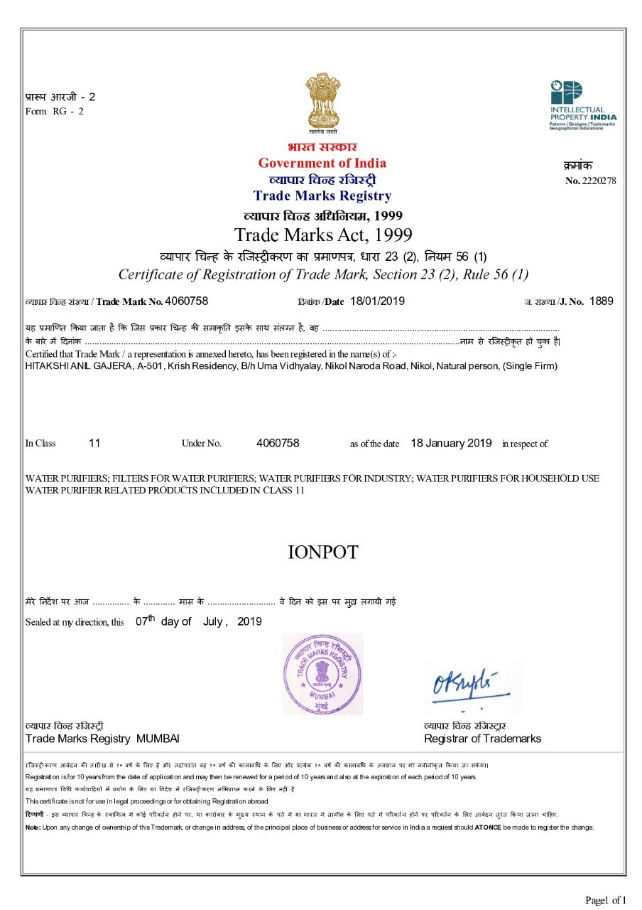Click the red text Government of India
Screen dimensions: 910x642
(x=322, y=164)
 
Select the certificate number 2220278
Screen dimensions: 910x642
(x=599, y=181)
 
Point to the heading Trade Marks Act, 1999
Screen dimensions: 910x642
(x=323, y=234)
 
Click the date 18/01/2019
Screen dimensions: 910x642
(x=377, y=301)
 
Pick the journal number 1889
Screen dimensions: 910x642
(x=601, y=301)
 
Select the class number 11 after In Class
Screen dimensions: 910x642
(x=94, y=443)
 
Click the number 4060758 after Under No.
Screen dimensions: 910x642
(x=278, y=443)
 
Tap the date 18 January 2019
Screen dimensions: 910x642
(x=451, y=443)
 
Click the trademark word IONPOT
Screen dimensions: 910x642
(x=323, y=552)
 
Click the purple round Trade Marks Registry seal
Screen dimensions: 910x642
(x=322, y=673)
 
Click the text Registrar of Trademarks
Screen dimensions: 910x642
(x=482, y=739)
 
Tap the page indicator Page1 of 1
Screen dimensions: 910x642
(x=606, y=900)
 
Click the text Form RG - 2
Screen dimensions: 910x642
(x=54, y=111)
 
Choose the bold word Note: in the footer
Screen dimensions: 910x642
(x=33, y=828)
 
